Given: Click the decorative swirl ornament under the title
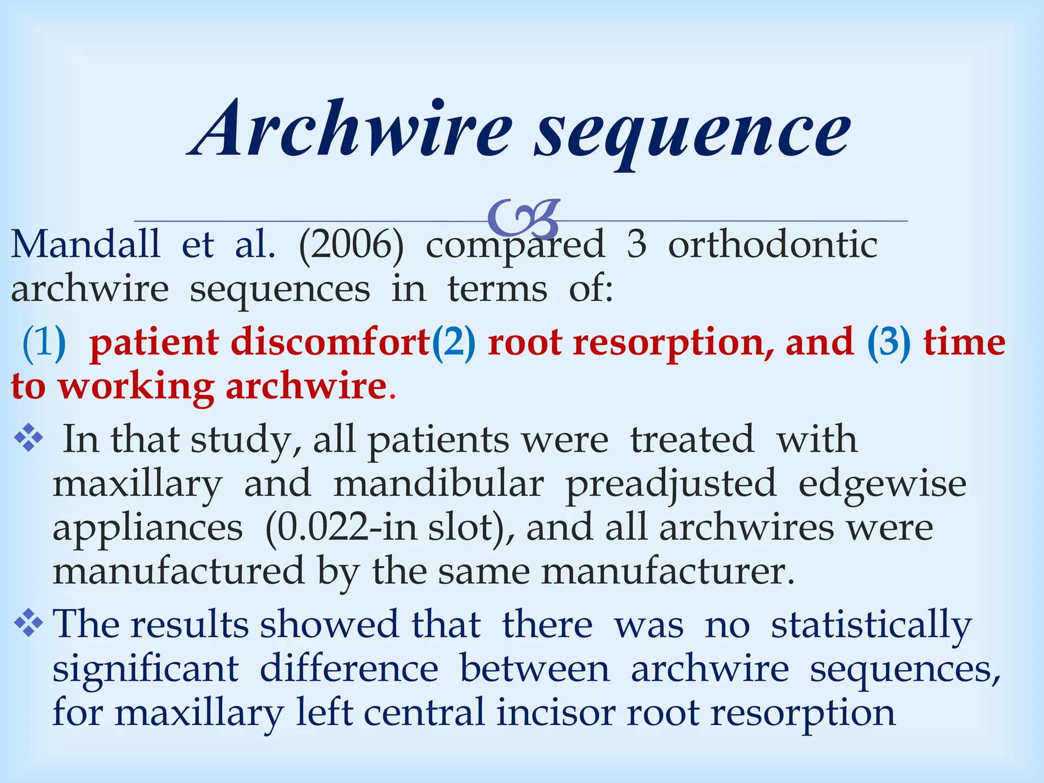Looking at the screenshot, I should pos(524,218).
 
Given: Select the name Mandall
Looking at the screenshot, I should pos(86,245).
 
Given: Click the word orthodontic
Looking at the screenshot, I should pos(773,245).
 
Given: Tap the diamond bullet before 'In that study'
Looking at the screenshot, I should pos(29,439).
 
